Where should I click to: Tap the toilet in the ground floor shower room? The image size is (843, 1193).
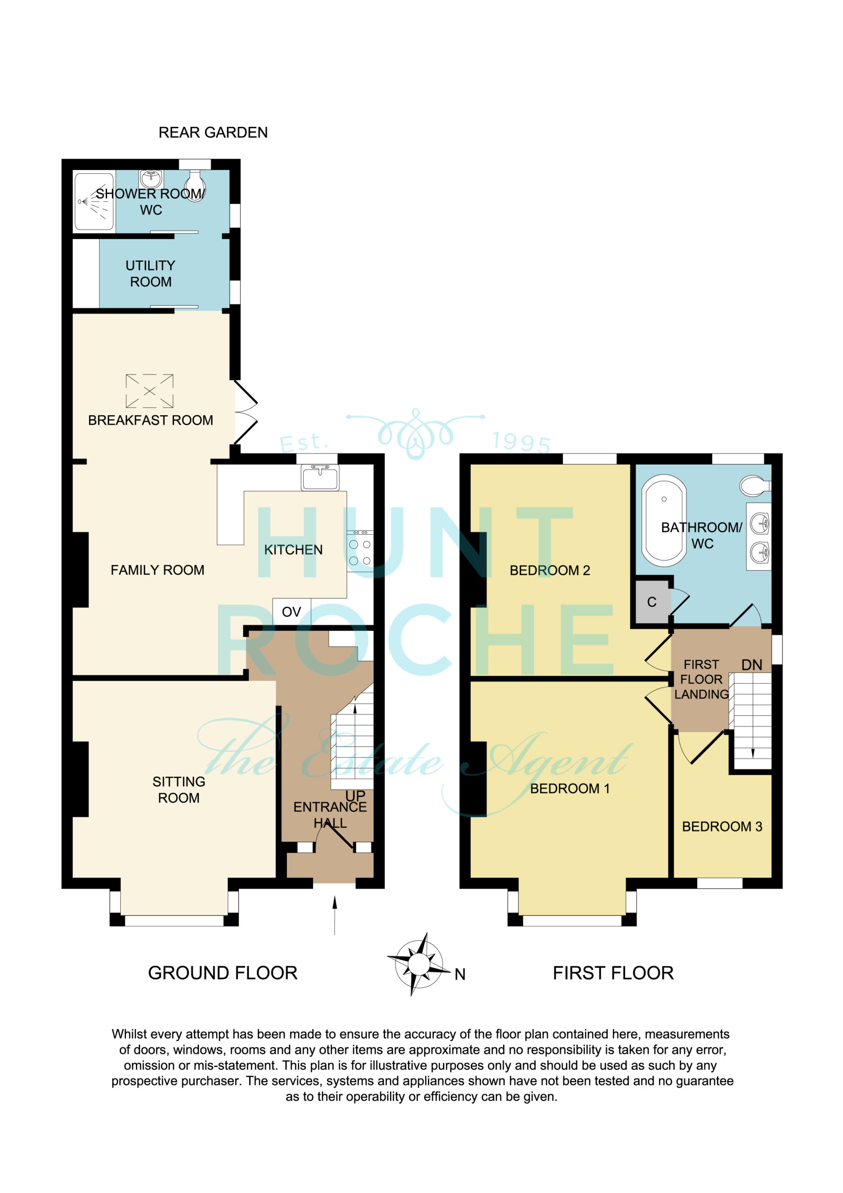[195, 185]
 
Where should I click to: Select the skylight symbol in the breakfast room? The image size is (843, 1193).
[150, 391]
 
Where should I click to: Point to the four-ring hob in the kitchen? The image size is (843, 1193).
[360, 551]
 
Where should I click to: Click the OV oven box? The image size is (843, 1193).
[292, 611]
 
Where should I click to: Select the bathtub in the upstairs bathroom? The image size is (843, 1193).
[664, 521]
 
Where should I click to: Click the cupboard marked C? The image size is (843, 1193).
[652, 602]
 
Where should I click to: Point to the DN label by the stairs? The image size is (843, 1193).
[752, 665]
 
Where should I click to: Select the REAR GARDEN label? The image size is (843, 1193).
[213, 132]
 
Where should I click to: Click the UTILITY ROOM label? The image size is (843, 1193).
[150, 274]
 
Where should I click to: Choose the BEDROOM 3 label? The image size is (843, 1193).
[722, 827]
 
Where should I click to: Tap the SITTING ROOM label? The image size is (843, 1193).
[179, 790]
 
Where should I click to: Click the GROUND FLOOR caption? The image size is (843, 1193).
[223, 973]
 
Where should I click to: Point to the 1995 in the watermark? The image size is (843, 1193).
[521, 442]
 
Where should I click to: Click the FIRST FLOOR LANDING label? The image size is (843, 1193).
[702, 679]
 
